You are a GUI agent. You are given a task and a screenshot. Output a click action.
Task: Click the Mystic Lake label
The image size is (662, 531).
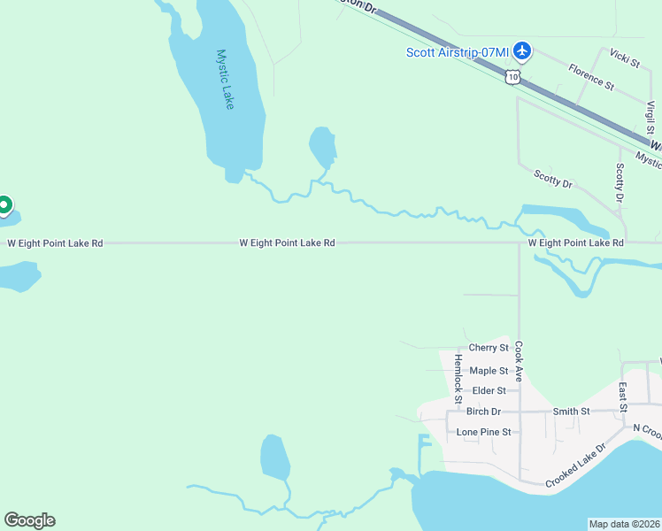tap(226, 79)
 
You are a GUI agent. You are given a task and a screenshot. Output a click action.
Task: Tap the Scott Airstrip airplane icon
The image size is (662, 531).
tap(522, 50)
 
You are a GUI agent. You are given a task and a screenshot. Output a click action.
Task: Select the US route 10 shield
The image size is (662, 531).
tap(512, 78)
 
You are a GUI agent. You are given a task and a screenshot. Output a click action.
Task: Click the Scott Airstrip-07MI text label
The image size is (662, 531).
tap(458, 52)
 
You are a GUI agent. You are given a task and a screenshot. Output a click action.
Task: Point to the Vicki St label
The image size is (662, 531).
tap(625, 58)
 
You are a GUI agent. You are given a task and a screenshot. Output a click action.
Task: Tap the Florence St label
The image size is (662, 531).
tap(591, 76)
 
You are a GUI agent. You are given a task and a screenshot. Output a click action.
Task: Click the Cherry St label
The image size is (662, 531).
tap(489, 348)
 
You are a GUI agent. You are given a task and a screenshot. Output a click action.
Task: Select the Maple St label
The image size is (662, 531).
tap(489, 371)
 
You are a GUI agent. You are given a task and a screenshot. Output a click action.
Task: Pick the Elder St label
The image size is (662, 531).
tap(489, 390)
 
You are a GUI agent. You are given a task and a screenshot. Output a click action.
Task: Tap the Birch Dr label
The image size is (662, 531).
tap(483, 412)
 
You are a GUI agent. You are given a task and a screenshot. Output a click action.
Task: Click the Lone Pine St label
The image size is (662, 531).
tap(483, 432)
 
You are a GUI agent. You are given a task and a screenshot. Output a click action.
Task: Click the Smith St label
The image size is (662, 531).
tap(571, 412)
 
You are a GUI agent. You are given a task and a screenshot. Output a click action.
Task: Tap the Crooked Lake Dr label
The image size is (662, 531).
tap(575, 464)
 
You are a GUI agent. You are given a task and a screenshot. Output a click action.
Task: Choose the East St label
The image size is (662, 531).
tap(623, 396)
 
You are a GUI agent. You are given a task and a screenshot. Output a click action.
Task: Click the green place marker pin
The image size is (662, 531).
tap(4, 205)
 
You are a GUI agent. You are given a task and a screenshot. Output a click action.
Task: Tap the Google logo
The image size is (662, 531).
tap(29, 520)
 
